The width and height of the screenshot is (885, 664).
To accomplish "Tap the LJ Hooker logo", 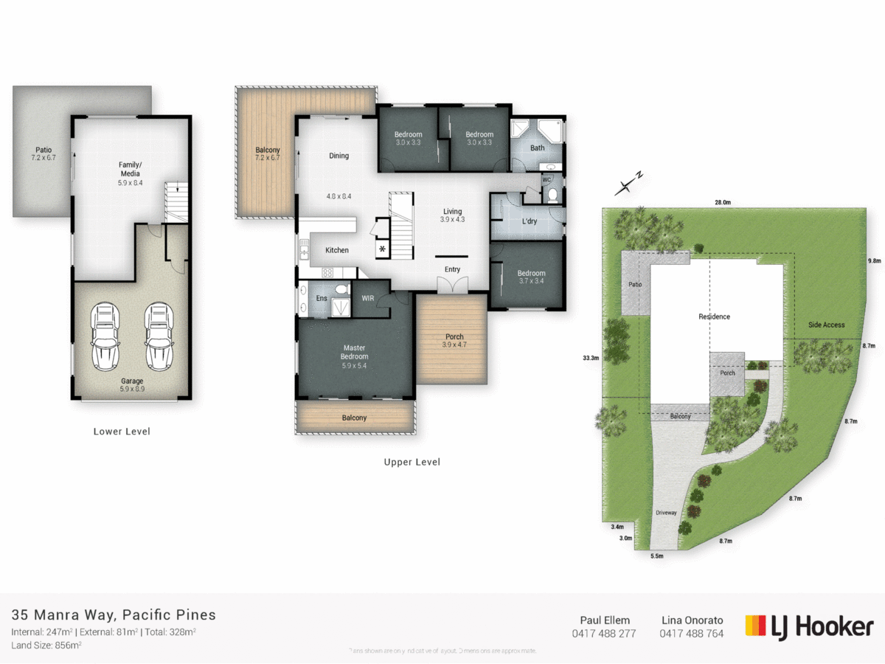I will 809,626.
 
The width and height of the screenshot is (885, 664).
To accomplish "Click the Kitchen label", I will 337,251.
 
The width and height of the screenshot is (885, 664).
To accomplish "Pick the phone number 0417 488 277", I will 603,633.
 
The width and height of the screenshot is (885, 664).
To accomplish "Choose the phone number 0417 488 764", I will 691,633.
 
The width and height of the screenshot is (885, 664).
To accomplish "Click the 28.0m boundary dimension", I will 722,202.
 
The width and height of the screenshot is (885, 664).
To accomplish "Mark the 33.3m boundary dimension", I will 590,358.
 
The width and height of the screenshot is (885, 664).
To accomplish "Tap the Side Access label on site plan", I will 826,325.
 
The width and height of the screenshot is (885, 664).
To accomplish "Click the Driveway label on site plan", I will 666,512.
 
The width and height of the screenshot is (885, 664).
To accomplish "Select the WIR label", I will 367,298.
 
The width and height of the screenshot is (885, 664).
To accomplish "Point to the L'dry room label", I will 529,221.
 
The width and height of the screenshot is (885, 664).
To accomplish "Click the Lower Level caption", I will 122,432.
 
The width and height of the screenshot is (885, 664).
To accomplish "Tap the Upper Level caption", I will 412,463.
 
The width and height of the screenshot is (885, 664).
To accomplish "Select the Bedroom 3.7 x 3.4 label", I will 531,277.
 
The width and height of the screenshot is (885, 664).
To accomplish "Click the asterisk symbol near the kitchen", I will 382,249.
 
